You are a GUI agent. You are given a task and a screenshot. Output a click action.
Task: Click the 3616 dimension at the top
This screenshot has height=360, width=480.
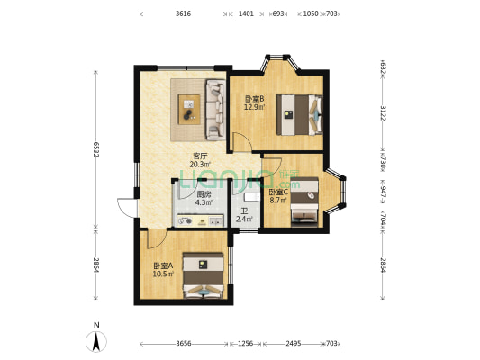(x=183, y=13)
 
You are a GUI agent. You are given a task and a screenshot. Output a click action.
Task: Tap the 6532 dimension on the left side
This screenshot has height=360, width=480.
(x=96, y=149)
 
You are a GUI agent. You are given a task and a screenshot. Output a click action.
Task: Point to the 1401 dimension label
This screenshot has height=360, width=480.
(x=246, y=13)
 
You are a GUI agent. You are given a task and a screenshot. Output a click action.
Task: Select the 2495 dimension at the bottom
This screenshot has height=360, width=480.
(x=294, y=344)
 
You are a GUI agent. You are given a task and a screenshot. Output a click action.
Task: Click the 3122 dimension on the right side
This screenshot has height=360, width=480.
(x=383, y=112)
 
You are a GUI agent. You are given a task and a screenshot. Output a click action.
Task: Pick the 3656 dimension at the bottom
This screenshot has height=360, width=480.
(x=184, y=344)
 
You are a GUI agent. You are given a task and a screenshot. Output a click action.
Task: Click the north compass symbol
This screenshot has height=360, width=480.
(x=96, y=338)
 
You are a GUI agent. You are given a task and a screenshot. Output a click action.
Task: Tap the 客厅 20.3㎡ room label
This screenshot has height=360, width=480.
(x=200, y=160)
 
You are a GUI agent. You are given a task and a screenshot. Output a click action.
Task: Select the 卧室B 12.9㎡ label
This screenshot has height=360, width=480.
(x=254, y=103)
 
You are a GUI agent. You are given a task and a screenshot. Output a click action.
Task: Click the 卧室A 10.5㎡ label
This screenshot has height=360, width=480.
(x=164, y=269)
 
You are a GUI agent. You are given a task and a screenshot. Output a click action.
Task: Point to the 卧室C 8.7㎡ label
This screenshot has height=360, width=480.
(x=278, y=196)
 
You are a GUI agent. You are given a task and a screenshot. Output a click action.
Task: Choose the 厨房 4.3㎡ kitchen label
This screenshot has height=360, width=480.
(x=204, y=198)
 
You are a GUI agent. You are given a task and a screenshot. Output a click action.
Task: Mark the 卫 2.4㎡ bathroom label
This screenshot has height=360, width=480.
(x=244, y=215)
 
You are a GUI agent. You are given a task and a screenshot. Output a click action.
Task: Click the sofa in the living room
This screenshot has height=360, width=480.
(x=216, y=110)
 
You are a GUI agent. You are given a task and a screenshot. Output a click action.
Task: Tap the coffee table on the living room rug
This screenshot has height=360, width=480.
(x=189, y=110)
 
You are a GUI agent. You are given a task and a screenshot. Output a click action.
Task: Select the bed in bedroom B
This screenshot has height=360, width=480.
(x=299, y=114)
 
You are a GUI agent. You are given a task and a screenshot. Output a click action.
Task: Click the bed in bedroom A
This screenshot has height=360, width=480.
(x=204, y=275)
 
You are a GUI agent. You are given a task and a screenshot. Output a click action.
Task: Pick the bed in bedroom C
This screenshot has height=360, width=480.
(x=304, y=202)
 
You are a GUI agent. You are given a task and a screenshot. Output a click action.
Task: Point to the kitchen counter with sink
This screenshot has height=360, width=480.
(x=201, y=220)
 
